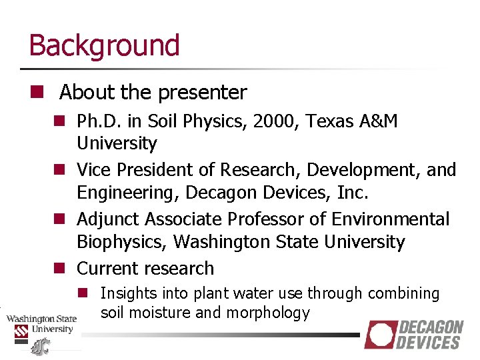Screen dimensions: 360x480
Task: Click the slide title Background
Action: coord(104,45)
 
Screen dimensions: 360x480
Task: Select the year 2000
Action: coord(269,121)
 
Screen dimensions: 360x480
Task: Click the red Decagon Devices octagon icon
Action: coord(380,335)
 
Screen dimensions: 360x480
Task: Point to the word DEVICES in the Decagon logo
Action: coord(429,343)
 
